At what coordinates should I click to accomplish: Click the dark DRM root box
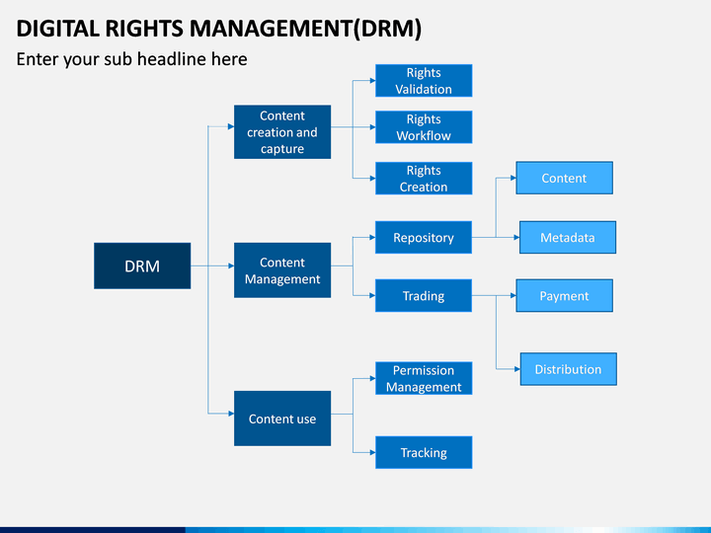pyautogui.click(x=142, y=266)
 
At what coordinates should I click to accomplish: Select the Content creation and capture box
pyautogui.click(x=282, y=132)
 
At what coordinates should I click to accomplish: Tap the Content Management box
pyautogui.click(x=282, y=270)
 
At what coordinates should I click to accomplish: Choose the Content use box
pyautogui.click(x=282, y=419)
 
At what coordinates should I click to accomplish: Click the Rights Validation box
pyautogui.click(x=424, y=81)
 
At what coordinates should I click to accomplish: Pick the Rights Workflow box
pyautogui.click(x=424, y=127)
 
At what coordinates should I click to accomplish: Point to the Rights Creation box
pyautogui.click(x=424, y=178)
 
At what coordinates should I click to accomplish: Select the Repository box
pyautogui.click(x=424, y=237)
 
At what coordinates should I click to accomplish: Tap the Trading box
pyautogui.click(x=424, y=295)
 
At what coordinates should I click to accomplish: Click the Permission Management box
pyautogui.click(x=424, y=378)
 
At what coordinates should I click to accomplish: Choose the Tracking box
pyautogui.click(x=424, y=452)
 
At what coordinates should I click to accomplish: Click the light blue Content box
pyautogui.click(x=564, y=178)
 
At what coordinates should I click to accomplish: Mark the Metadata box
pyautogui.click(x=567, y=237)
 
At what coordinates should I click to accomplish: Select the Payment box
pyautogui.click(x=564, y=295)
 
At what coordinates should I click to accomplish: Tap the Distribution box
pyautogui.click(x=568, y=369)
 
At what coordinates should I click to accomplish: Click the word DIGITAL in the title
pyautogui.click(x=57, y=29)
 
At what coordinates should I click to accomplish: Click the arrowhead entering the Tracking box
pyautogui.click(x=372, y=452)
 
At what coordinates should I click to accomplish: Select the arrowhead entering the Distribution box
pyautogui.click(x=517, y=369)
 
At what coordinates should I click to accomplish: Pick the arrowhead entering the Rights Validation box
pyautogui.click(x=372, y=81)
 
